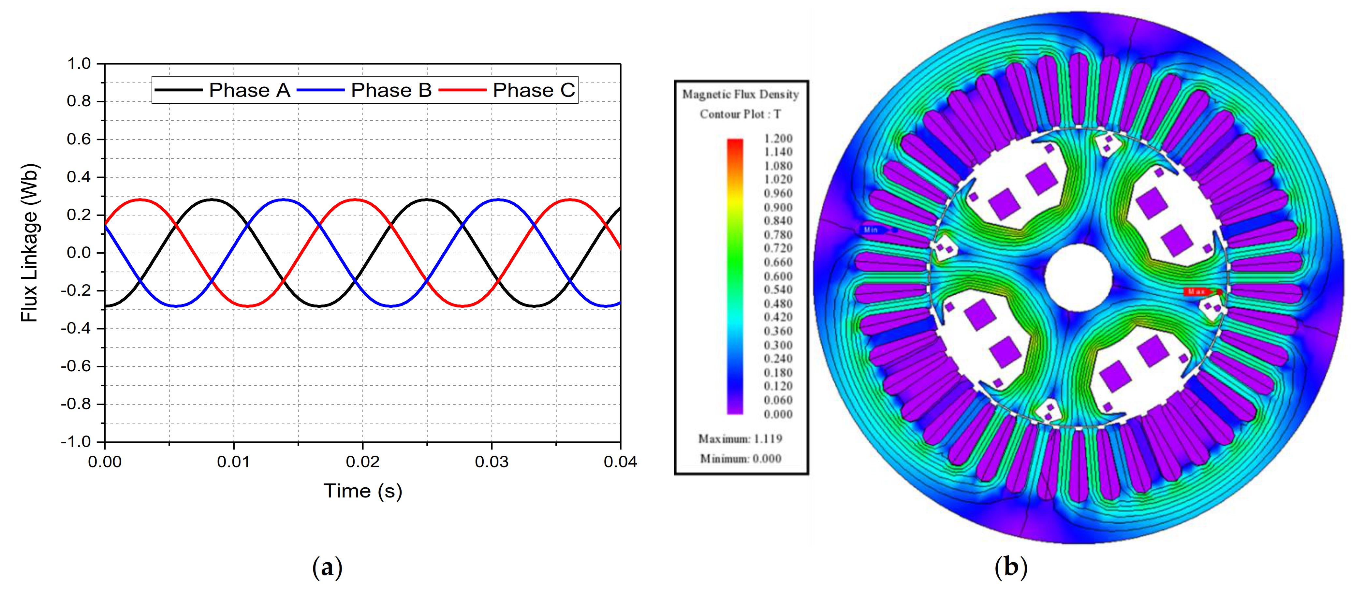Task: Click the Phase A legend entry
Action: [249, 90]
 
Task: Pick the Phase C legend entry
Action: [534, 90]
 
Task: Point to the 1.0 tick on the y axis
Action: [79, 64]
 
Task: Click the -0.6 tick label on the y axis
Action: [76, 366]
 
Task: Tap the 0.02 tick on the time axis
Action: [363, 462]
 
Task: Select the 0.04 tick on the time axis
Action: [620, 462]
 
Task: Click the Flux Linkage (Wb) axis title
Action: [30, 243]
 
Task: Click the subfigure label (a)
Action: [327, 567]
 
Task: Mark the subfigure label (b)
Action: [1011, 567]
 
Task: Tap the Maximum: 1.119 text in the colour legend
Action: [740, 439]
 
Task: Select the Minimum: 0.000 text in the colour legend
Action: [740, 458]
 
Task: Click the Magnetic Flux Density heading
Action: [740, 95]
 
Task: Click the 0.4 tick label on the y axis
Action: [79, 177]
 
